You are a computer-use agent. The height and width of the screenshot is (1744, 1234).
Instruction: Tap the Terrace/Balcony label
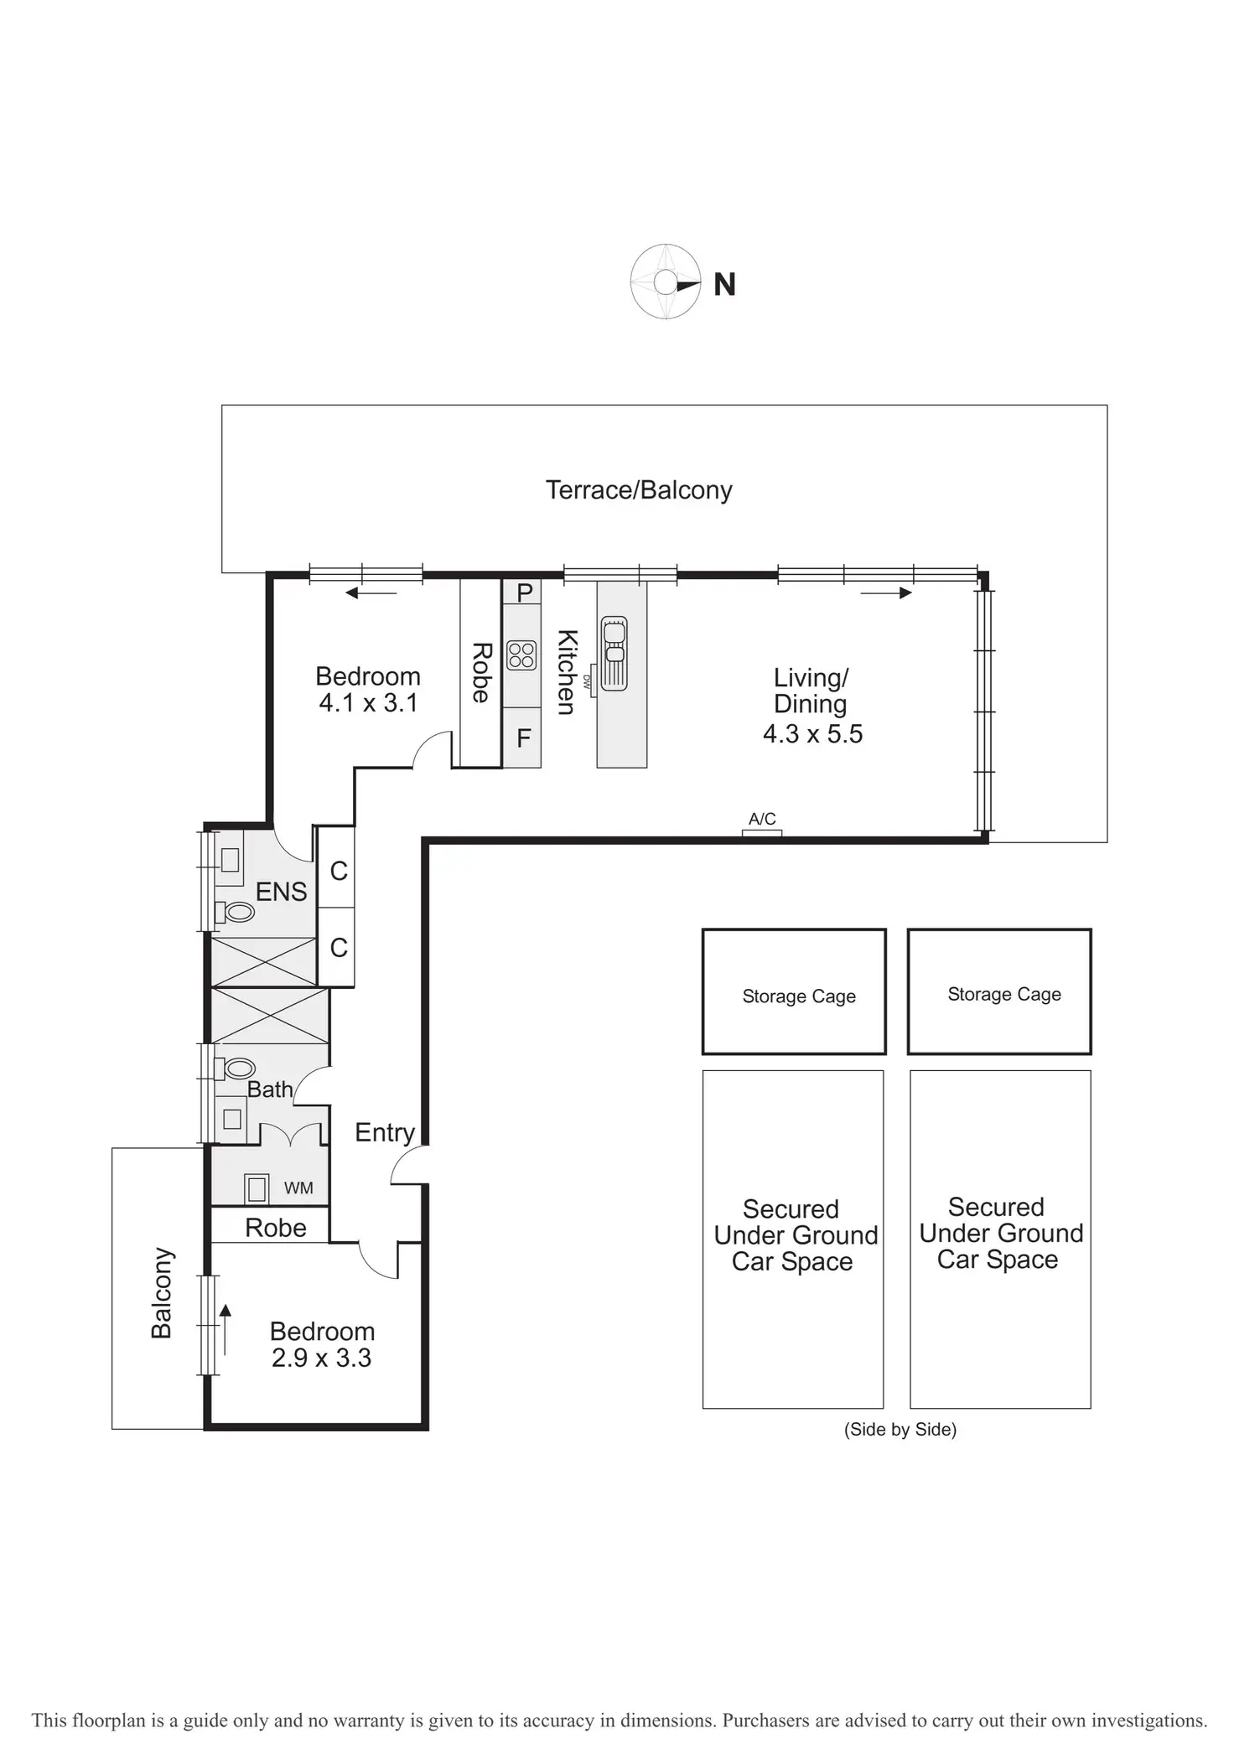[639, 490]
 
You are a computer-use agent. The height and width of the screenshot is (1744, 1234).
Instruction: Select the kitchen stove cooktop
[521, 655]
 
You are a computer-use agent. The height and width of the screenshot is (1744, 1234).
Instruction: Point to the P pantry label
[525, 593]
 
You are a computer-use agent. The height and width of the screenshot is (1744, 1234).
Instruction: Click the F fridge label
[524, 738]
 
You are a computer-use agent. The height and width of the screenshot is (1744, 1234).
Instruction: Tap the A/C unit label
[762, 819]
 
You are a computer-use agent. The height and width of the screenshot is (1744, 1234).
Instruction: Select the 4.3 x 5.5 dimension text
[812, 734]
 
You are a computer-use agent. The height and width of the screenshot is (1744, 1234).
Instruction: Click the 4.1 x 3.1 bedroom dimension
[368, 703]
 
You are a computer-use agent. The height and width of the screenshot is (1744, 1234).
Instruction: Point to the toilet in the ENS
[237, 912]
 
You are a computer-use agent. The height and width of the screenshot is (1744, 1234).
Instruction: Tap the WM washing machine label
[298, 1188]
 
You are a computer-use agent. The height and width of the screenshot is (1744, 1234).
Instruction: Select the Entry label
[385, 1132]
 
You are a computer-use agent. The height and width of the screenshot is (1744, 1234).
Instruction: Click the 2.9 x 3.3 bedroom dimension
[321, 1358]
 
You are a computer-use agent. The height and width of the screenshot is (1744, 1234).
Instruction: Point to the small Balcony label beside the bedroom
[161, 1293]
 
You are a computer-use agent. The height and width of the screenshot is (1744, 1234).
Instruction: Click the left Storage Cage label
[799, 996]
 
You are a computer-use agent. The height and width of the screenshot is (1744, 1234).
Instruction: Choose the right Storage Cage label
[1004, 994]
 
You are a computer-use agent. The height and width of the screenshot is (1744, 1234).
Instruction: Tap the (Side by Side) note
[900, 1429]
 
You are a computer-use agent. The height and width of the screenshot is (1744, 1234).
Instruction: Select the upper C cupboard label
[339, 872]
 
